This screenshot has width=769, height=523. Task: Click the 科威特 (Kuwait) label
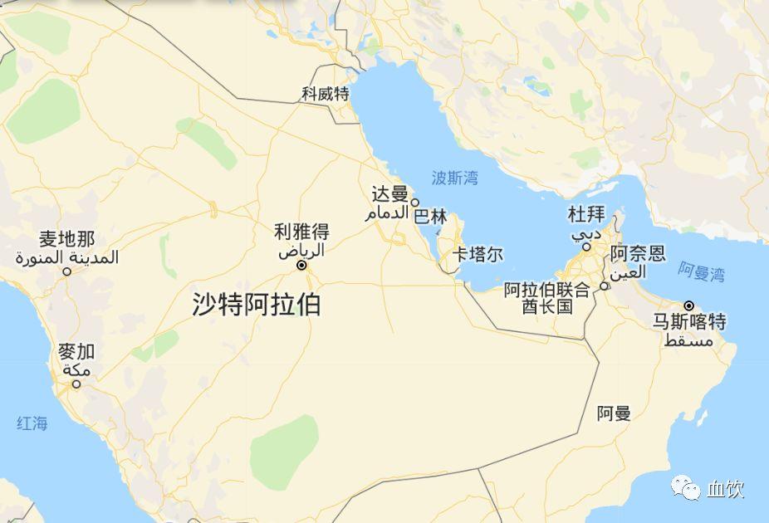(326, 94)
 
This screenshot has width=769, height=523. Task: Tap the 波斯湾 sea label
(455, 177)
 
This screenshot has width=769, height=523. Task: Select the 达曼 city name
(389, 194)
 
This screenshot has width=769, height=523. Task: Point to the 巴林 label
(430, 218)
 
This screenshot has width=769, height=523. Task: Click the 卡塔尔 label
(478, 254)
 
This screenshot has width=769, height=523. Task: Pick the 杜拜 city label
(586, 215)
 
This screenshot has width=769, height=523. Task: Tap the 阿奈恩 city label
(638, 253)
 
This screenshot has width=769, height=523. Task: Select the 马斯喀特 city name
(689, 322)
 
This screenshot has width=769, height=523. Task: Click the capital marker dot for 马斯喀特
(688, 305)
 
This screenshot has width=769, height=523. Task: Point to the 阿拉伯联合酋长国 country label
(547, 298)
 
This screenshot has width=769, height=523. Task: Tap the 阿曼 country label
(614, 413)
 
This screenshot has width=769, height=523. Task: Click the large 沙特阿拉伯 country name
(256, 305)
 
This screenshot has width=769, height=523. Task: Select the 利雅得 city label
(302, 232)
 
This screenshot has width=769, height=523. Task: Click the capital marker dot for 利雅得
(301, 266)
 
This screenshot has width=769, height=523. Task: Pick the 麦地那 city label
(66, 240)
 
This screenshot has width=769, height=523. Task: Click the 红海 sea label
(32, 423)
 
